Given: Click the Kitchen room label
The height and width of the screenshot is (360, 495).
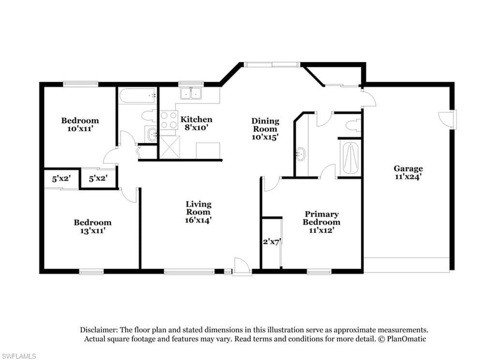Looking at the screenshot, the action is pyautogui.click(x=196, y=120).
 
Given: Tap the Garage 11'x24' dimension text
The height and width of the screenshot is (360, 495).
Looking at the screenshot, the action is pyautogui.click(x=408, y=177).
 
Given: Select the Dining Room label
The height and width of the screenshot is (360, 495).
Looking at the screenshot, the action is pyautogui.click(x=265, y=125).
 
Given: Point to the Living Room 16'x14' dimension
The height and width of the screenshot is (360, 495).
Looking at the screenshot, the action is pyautogui.click(x=198, y=220).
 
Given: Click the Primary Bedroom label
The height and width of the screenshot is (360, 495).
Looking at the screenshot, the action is pyautogui.click(x=321, y=218).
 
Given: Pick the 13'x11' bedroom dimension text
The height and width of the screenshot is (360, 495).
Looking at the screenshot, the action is pyautogui.click(x=92, y=231).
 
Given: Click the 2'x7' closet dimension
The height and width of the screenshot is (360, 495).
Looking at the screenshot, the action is pyautogui.click(x=272, y=242).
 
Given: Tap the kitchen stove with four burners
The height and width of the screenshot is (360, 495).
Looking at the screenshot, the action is pyautogui.click(x=169, y=120).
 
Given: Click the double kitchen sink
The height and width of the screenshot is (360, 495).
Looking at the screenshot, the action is pyautogui.click(x=191, y=93).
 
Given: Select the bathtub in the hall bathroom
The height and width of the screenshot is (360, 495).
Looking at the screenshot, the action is pyautogui.click(x=137, y=95).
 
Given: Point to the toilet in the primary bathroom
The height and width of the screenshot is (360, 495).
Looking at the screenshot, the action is pyautogui.click(x=353, y=125).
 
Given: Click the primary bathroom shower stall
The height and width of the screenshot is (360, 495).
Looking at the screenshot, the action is pyautogui.click(x=350, y=158).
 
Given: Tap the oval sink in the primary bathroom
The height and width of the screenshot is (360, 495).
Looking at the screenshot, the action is pyautogui.click(x=301, y=154).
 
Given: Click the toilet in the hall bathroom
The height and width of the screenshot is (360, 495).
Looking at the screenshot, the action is pyautogui.click(x=149, y=116).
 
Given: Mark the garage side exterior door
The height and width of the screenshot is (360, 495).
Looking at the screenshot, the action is pyautogui.click(x=447, y=119).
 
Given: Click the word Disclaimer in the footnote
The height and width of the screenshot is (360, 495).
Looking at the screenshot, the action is pyautogui.click(x=99, y=330).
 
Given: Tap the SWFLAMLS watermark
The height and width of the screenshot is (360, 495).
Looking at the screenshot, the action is pyautogui.click(x=18, y=356).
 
